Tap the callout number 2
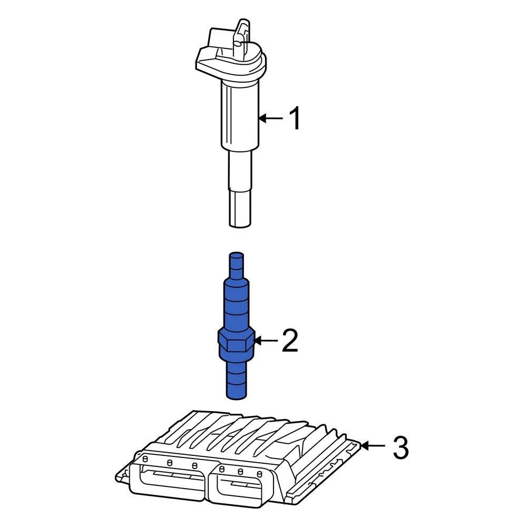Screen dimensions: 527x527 tap(290, 341)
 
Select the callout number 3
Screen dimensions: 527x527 tap(401, 447)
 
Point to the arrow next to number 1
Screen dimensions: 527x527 tap(271, 119)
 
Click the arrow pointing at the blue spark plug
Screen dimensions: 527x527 tap(266, 341)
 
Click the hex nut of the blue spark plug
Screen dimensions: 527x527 tap(236, 343)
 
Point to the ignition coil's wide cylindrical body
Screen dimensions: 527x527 tap(240, 113)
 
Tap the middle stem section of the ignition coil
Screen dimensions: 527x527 tap(240, 169)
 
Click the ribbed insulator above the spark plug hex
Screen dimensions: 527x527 tap(236, 306)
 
